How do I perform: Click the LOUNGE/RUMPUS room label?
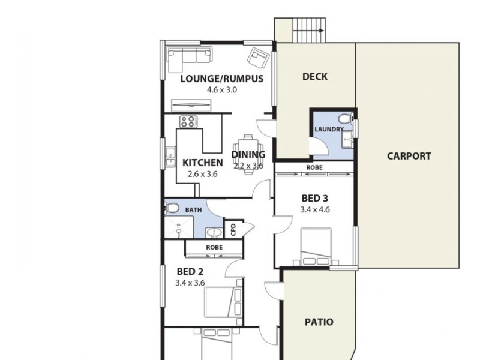(222, 78)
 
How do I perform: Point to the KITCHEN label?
(203, 163)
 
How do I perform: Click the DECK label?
(314, 76)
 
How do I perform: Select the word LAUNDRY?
(328, 130)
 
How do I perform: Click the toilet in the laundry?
(344, 118)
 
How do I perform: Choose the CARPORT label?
(409, 156)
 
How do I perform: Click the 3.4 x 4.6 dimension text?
(315, 210)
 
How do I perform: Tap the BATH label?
(193, 210)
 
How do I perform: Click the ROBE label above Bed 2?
(214, 247)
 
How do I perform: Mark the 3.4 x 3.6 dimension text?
(190, 283)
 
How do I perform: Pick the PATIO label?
(318, 322)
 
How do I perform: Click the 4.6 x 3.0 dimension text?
(222, 90)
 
